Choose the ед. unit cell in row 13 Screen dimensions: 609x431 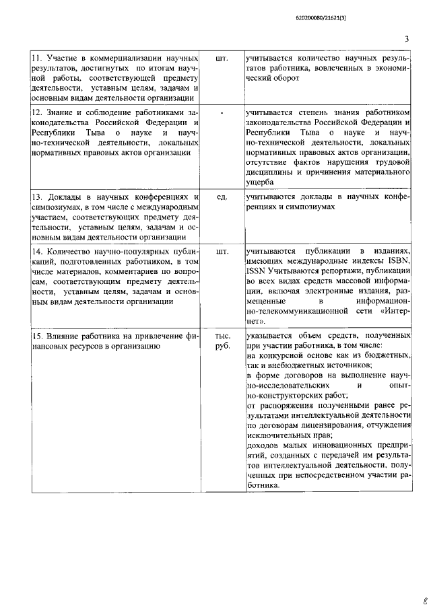coord(222,197)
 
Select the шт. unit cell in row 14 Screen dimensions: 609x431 coord(222,250)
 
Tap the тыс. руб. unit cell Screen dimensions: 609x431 coord(222,341)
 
